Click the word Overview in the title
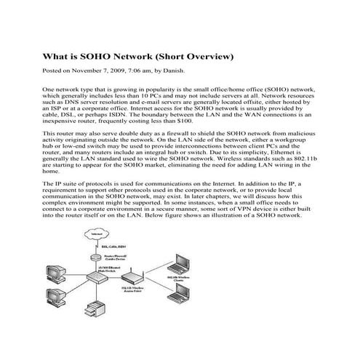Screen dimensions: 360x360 coord(205,56)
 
